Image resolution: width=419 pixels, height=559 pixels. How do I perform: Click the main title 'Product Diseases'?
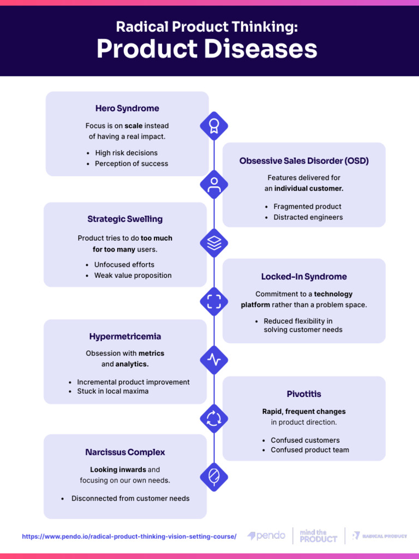207,50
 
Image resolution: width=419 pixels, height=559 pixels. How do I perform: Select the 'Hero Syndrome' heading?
127,109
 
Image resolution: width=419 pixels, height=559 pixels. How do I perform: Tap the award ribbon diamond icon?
214,126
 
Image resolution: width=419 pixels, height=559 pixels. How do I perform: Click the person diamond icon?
214,184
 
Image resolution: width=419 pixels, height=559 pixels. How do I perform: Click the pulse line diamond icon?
214,360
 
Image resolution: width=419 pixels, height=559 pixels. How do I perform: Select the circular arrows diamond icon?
214,418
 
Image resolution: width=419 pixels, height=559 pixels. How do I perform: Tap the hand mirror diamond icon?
214,477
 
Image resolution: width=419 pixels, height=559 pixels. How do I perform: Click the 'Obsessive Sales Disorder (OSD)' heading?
304,161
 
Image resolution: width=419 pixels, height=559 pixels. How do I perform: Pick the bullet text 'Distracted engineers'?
308,217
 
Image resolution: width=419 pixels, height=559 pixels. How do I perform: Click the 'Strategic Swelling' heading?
125,219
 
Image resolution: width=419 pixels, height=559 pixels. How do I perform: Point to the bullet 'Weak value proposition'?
133,276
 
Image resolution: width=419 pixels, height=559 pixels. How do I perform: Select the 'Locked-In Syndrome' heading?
304,277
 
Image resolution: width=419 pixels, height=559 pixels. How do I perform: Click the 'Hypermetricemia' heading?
125,336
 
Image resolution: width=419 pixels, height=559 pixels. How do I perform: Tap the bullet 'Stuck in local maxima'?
112,391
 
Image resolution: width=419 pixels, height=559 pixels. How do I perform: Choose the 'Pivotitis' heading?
304,394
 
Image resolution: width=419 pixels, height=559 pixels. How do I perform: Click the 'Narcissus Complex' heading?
125,453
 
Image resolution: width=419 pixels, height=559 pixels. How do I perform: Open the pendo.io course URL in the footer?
129,537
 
